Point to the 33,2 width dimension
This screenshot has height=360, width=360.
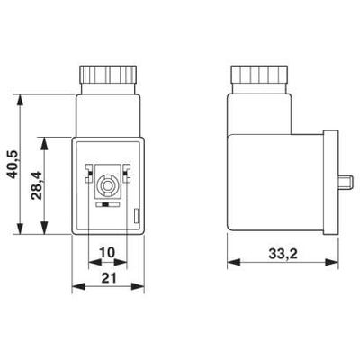[x=282, y=252]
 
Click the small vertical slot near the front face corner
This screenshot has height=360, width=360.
[x=136, y=214]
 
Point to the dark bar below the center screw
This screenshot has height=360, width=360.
[x=107, y=206]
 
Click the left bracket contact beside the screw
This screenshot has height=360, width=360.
[x=89, y=168]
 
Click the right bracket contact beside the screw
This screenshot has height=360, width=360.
[x=125, y=168]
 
